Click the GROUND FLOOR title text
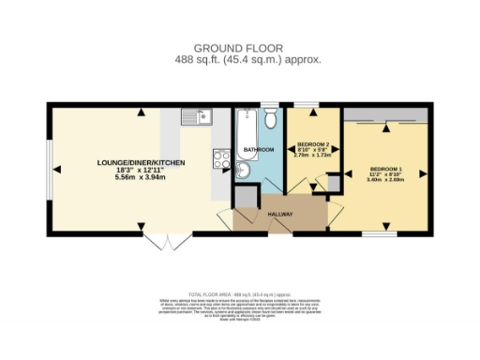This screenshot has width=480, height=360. pyautogui.click(x=239, y=47)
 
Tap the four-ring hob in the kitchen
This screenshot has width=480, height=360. pyautogui.click(x=222, y=160)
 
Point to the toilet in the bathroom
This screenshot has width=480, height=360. pyautogui.click(x=269, y=119)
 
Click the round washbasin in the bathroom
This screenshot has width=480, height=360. pyautogui.click(x=242, y=170)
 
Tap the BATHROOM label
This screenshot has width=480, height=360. pyautogui.click(x=259, y=150)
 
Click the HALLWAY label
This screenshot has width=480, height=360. pyautogui.click(x=281, y=214)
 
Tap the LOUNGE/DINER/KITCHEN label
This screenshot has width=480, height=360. pyautogui.click(x=141, y=163)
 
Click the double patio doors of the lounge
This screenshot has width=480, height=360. pyautogui.click(x=167, y=240)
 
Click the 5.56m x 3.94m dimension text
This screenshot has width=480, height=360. pyautogui.click(x=141, y=177)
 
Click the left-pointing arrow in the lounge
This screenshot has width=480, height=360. pyautogui.click(x=57, y=170)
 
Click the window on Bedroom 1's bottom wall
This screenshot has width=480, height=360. pyautogui.click(x=377, y=231)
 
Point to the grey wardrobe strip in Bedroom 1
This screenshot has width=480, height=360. pyautogui.click(x=387, y=115)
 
